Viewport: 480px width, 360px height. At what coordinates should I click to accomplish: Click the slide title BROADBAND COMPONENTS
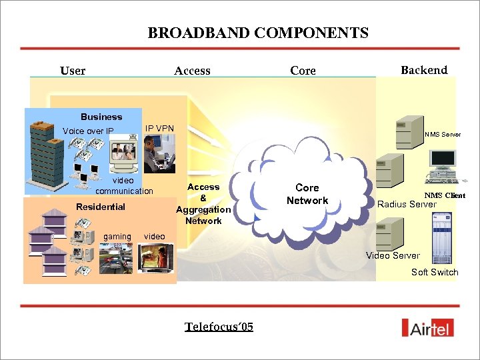[258, 33]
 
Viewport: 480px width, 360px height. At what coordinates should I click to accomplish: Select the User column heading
[73, 71]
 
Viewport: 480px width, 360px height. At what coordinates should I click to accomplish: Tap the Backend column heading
[424, 70]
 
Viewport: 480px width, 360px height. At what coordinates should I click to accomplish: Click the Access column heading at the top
[192, 71]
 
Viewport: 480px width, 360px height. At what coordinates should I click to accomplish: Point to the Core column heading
[303, 71]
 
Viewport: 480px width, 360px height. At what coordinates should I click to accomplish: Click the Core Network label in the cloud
[307, 194]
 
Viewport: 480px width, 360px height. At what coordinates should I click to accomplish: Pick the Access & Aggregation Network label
[203, 204]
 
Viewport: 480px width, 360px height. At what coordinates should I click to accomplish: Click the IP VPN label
[159, 128]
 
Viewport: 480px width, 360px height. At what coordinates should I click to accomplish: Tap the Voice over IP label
[88, 131]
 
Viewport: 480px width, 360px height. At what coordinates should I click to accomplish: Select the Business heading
[101, 117]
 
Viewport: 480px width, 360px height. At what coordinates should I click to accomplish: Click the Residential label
[101, 207]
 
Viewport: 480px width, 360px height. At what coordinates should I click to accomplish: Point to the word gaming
[117, 237]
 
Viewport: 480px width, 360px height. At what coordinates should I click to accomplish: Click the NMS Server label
[443, 135]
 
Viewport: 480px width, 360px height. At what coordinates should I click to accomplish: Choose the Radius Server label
[407, 204]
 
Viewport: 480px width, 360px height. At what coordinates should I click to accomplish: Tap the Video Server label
[393, 255]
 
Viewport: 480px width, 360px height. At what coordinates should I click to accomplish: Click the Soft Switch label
[435, 272]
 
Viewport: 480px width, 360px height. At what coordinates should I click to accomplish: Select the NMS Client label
[445, 195]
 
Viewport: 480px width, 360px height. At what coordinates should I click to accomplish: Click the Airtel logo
[429, 327]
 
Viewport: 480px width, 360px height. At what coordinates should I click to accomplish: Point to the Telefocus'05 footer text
[219, 327]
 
